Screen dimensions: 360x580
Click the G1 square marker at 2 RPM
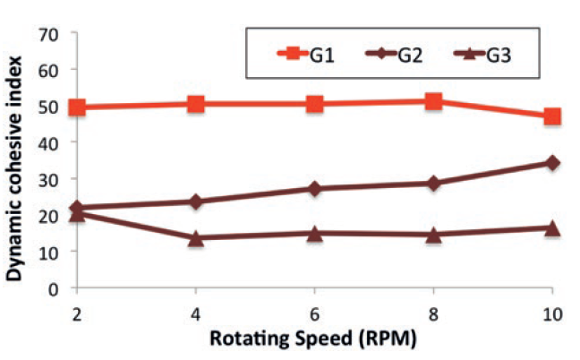pos(77,107)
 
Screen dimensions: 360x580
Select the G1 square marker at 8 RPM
pos(434,101)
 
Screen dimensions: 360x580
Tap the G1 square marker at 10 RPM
pos(552,116)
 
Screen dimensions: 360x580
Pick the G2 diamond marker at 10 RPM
pos(552,163)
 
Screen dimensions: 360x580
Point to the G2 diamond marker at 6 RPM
pos(315,189)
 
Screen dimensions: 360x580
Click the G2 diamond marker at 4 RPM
pos(196,201)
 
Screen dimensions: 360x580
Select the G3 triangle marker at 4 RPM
pos(196,237)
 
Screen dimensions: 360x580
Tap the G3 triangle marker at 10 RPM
pos(552,227)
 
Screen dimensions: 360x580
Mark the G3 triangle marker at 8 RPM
pos(434,235)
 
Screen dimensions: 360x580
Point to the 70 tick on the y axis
pos(56,33)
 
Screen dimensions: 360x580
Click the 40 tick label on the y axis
pos(56,142)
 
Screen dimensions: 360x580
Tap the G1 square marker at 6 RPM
pos(315,104)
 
